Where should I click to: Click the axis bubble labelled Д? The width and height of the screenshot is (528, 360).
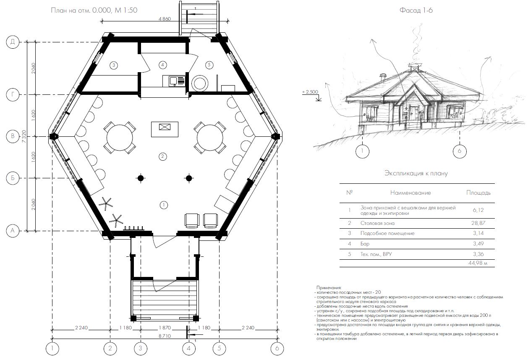13,42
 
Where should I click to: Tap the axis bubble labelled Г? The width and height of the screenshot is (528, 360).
13,94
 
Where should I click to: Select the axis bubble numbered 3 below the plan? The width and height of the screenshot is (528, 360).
141,348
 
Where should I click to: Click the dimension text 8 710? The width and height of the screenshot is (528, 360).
165,336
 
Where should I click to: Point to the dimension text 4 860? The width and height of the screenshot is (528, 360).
165,19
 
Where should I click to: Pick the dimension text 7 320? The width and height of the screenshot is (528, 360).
24,136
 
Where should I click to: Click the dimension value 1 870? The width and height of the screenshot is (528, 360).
165,328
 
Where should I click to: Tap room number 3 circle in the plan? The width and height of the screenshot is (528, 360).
114,65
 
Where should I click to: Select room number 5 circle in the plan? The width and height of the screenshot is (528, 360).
209,65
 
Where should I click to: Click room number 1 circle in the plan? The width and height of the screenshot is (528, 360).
164,205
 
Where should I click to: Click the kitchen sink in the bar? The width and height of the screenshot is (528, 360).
174,81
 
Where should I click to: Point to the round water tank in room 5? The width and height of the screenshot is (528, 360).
200,83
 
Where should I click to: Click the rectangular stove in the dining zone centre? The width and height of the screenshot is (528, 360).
165,129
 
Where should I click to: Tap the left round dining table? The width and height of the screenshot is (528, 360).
120,138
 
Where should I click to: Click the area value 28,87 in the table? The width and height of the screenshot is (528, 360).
478,223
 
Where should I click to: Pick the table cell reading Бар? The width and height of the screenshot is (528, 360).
365,244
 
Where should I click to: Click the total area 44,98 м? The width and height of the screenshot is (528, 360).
478,263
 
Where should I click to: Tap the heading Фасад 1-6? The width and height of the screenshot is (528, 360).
416,10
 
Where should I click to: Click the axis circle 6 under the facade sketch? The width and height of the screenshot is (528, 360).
460,151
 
